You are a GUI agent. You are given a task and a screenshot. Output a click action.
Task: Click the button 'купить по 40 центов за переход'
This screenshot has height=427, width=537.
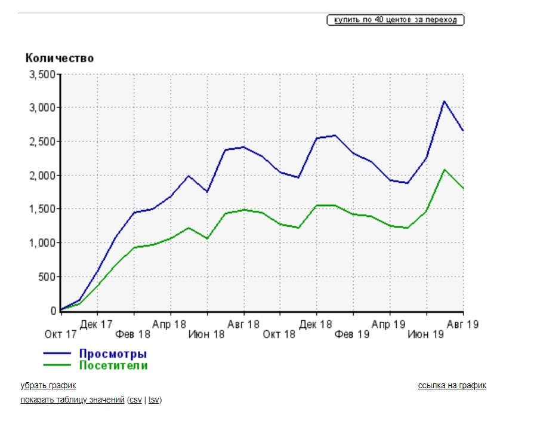(x=395, y=20)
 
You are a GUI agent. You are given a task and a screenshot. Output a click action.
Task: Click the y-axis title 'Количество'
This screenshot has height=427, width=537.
(x=60, y=58)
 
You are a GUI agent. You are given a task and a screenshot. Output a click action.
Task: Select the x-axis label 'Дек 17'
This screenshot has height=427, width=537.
(x=97, y=324)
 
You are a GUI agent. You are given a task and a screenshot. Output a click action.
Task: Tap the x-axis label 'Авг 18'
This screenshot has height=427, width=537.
(x=244, y=324)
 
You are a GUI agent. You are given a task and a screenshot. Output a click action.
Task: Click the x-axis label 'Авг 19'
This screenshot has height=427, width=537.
(x=463, y=324)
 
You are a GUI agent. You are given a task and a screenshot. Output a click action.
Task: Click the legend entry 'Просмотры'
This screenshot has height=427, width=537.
(x=113, y=354)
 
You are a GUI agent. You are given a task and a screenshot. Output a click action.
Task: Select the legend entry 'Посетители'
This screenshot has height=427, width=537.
(x=113, y=365)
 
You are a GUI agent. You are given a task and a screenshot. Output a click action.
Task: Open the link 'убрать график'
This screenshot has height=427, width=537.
(x=48, y=386)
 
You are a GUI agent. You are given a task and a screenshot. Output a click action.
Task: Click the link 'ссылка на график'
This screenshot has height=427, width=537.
(x=452, y=386)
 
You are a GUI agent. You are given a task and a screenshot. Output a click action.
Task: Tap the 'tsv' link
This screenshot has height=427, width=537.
(x=154, y=400)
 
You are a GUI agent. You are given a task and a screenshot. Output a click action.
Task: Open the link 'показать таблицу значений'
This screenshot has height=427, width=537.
(x=72, y=400)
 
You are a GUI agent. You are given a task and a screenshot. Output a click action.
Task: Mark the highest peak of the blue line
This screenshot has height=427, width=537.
(x=444, y=101)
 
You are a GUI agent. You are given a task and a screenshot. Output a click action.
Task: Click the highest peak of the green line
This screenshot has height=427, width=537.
(x=445, y=170)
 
